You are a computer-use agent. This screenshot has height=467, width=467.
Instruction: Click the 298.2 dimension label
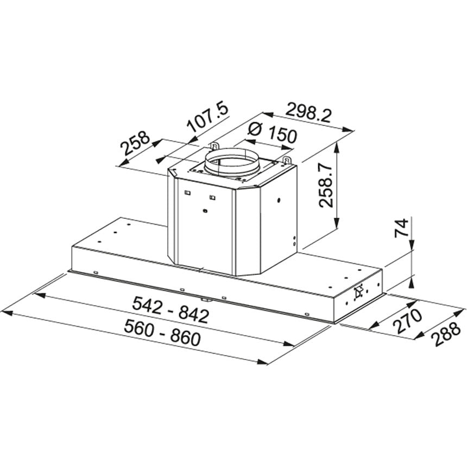pos(308,113)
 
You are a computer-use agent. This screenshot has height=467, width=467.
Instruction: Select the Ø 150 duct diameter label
pos(272,133)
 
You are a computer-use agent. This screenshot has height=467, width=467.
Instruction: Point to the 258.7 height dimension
pos(325,186)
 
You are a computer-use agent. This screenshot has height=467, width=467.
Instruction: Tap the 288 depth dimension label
pos(447,335)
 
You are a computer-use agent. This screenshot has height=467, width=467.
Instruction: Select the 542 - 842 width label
pos(171,310)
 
